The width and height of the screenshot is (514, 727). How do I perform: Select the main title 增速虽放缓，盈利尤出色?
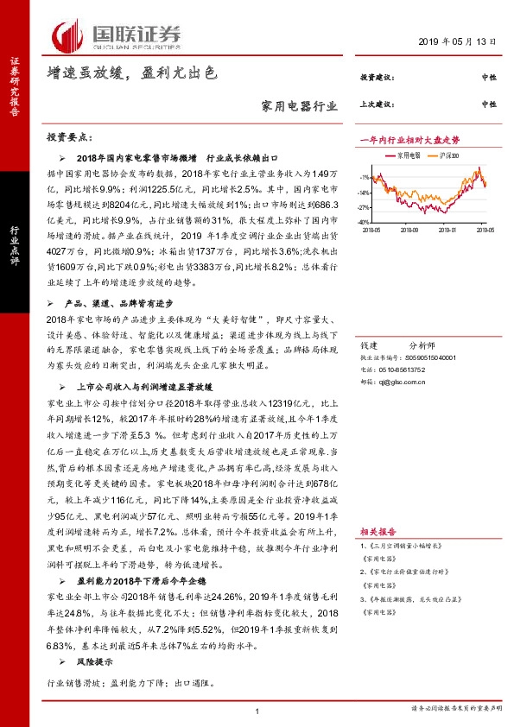pyautogui.click(x=130, y=75)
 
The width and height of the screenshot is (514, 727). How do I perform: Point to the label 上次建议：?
pyautogui.click(x=377, y=104)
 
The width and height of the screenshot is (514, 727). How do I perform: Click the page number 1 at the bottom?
pyautogui.click(x=257, y=710)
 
